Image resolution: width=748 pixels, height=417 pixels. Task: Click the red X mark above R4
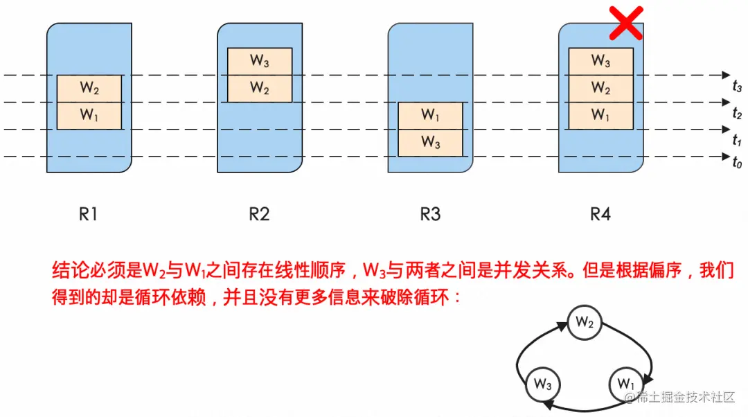coord(627,23)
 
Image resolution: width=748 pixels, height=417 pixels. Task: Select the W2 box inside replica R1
coord(89,88)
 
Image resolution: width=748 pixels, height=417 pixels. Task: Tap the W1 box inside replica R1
coord(89,115)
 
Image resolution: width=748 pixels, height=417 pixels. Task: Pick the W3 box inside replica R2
coord(260,61)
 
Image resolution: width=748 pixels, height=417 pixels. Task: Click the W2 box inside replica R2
coord(260,89)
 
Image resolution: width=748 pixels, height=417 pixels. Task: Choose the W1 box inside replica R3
coord(430,115)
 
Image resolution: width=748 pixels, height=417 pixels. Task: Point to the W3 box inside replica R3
coord(430,143)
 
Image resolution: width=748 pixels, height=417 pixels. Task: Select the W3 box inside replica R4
coord(600,61)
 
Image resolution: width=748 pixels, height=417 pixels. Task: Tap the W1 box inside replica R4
coord(600,116)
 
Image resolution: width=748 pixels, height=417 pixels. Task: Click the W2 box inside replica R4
coord(600,89)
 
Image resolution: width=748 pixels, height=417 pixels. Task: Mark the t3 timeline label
coord(737,87)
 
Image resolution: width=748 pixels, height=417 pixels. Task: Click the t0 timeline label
coord(737,163)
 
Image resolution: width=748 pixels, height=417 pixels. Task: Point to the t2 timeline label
coord(737,114)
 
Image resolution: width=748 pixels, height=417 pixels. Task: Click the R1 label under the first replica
coord(88,214)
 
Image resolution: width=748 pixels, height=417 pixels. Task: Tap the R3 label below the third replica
coord(430,214)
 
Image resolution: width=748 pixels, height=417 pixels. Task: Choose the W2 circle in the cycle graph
coord(585,322)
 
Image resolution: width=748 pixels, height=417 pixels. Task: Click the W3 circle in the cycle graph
coord(543,383)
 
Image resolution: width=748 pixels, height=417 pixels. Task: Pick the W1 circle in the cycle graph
coord(626,383)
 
